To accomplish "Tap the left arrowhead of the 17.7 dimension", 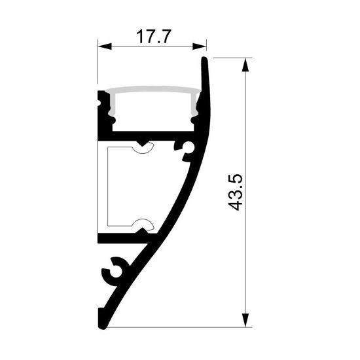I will (103, 46).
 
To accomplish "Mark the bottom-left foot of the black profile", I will (103, 324).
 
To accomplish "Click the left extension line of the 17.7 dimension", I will (98, 65).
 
